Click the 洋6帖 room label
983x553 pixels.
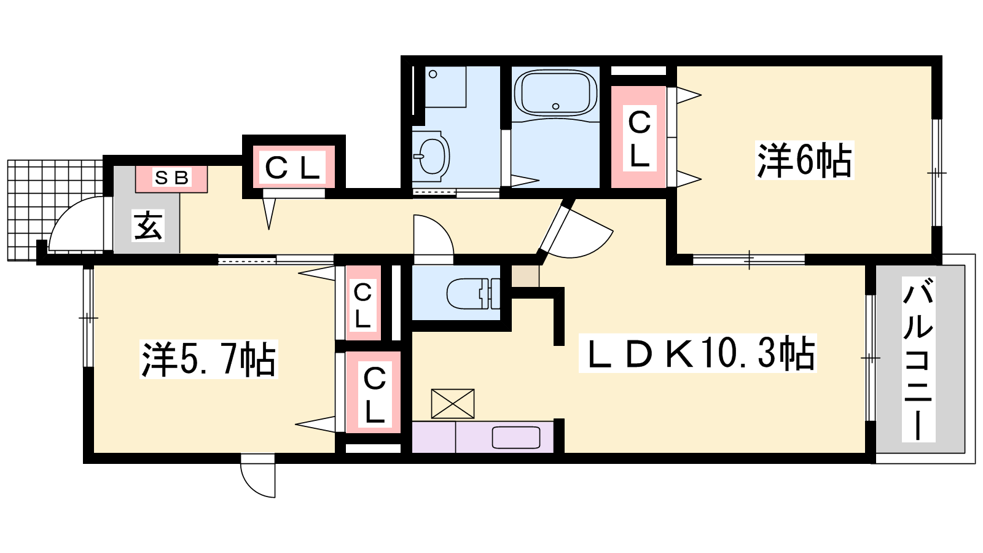click(804, 160)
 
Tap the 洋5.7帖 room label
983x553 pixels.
click(208, 359)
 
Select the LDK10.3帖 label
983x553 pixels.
click(697, 353)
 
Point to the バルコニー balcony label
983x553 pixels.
click(918, 359)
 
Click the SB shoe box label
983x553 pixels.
click(171, 178)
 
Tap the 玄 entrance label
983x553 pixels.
click(148, 226)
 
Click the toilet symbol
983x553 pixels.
click(473, 293)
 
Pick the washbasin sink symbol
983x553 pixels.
click(431, 156)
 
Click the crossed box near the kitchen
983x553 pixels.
click(452, 403)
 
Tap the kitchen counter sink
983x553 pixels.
click(515, 437)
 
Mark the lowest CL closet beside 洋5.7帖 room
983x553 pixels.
click(374, 392)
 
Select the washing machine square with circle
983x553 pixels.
click(445, 87)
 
